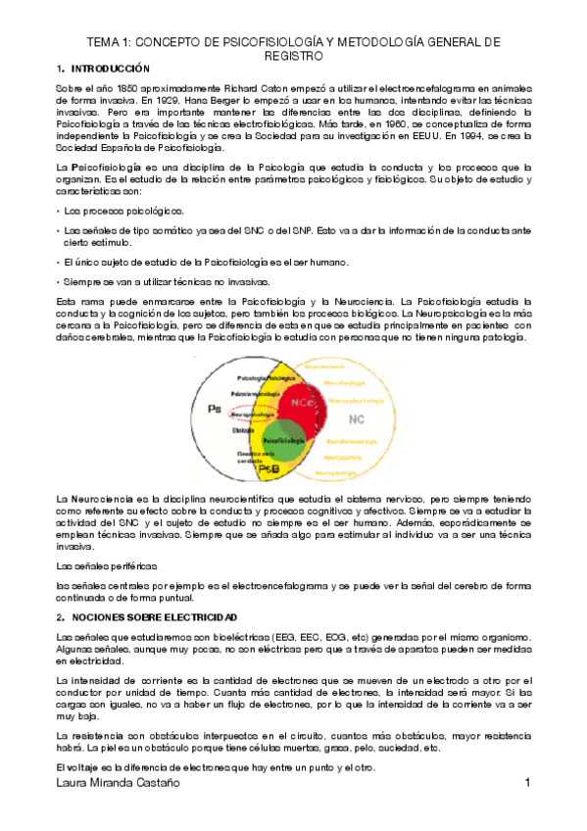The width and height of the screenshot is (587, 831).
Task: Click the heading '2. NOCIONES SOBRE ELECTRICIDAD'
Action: pyautogui.click(x=146, y=617)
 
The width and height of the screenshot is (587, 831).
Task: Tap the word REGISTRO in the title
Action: pyautogui.click(x=293, y=57)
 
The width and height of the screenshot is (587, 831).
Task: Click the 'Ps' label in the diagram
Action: pyautogui.click(x=213, y=407)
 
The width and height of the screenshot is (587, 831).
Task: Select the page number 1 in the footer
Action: pyautogui.click(x=527, y=783)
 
